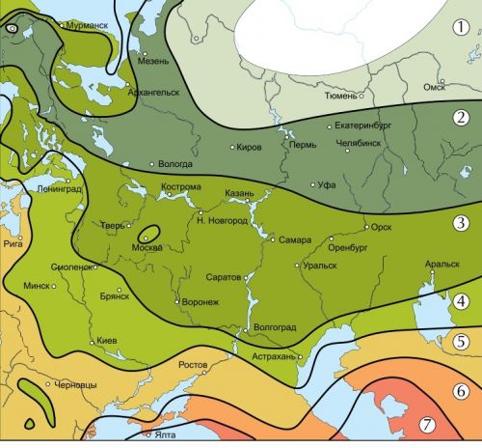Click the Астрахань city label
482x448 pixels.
[x=275, y=356]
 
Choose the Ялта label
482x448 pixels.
[x=166, y=436]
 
